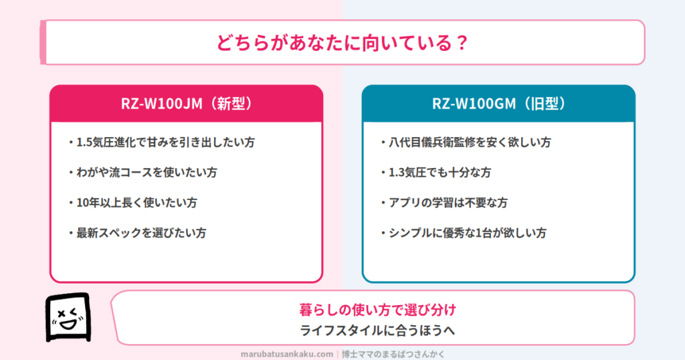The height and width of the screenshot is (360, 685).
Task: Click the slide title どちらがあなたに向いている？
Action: pyautogui.click(x=342, y=43)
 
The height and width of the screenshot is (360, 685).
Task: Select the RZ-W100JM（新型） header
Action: pyautogui.click(x=187, y=104)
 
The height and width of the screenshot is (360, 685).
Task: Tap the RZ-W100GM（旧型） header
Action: pyautogui.click(x=498, y=104)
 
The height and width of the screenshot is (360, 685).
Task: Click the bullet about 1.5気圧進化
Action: pyautogui.click(x=162, y=142)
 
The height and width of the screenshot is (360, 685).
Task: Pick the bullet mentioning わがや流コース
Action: pyautogui.click(x=143, y=172)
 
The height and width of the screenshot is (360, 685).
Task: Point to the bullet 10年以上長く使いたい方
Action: pyautogui.click(x=133, y=202)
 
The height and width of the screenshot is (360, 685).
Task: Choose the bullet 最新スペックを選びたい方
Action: pyautogui.click(x=138, y=232)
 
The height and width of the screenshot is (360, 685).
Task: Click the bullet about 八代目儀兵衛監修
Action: pyautogui.click(x=466, y=142)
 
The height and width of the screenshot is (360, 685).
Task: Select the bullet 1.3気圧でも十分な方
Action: pyautogui.click(x=436, y=172)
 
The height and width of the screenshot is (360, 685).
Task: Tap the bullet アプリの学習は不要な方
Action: pyautogui.click(x=444, y=202)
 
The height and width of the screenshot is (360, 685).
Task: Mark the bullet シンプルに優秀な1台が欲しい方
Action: pyautogui.click(x=464, y=232)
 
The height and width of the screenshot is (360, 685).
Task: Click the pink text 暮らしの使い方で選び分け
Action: pyautogui.click(x=378, y=310)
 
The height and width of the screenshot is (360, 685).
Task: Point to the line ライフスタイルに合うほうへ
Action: pyautogui.click(x=378, y=331)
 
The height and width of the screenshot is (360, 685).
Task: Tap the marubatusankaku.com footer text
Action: pyautogui.click(x=286, y=354)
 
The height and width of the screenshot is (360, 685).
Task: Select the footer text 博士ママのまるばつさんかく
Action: pyautogui.click(x=393, y=354)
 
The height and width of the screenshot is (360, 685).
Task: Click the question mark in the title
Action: pyautogui.click(x=461, y=43)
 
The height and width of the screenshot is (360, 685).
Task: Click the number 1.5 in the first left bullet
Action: pyautogui.click(x=84, y=143)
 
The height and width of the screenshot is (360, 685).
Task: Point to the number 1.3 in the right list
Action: pyautogui.click(x=396, y=173)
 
